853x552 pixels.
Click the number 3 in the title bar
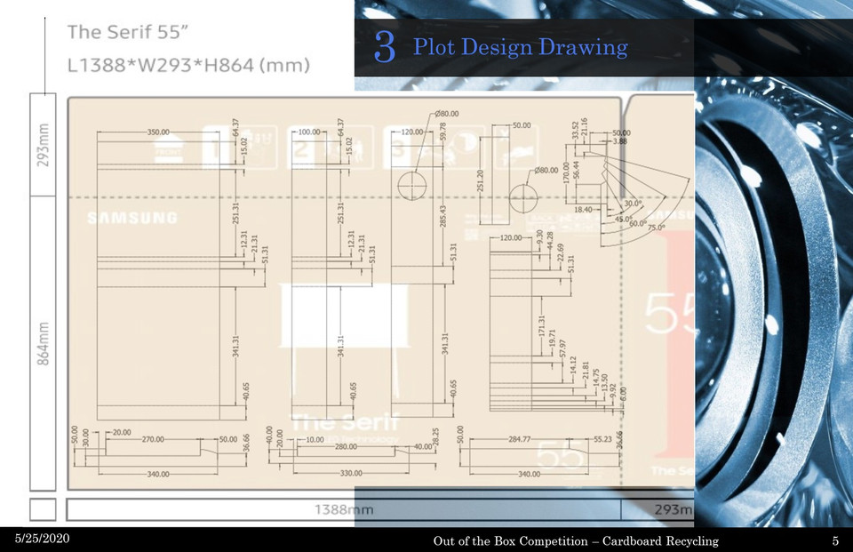tap(384, 47)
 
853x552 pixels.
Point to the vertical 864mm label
tap(45, 341)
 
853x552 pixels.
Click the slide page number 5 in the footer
tap(835, 541)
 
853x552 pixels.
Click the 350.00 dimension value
tap(158, 132)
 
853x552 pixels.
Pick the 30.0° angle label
tap(634, 204)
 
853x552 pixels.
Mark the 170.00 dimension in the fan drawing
tap(566, 172)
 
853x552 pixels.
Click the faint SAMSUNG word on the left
tap(132, 218)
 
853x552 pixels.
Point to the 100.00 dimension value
tap(308, 132)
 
